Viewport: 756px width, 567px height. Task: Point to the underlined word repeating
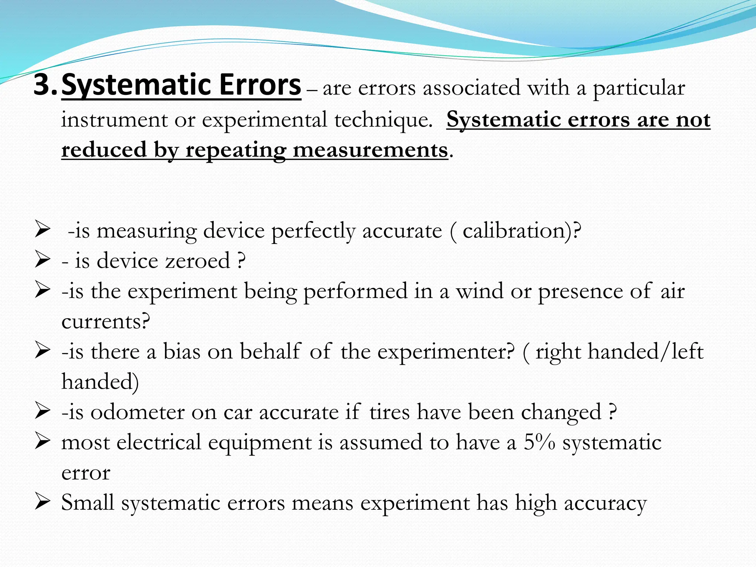[x=236, y=151]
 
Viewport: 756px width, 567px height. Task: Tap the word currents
[x=105, y=322]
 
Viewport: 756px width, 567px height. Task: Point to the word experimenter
[x=445, y=352]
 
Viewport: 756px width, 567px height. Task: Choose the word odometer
[x=137, y=412]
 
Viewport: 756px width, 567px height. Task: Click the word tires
[x=389, y=412]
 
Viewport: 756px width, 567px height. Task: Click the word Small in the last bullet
[x=88, y=503]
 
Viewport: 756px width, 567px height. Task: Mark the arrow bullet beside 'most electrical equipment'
[x=42, y=441]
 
